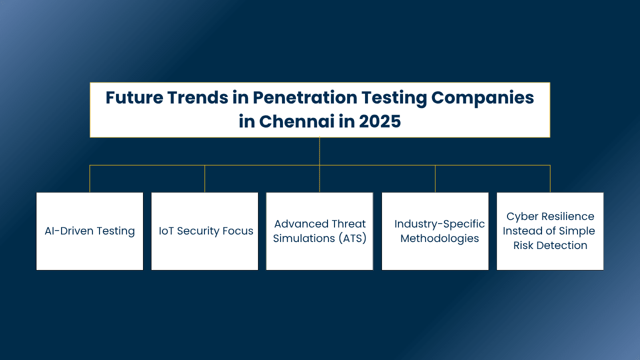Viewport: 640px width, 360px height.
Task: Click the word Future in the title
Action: pos(134,97)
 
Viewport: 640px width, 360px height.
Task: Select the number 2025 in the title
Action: pos(379,121)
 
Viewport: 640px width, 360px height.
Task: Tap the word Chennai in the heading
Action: pos(297,121)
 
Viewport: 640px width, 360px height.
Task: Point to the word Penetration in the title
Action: pos(305,97)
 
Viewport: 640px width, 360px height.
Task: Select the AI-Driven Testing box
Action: pos(89,231)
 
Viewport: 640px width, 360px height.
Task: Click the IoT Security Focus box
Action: pos(204,231)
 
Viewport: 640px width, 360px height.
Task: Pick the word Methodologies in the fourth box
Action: pos(439,238)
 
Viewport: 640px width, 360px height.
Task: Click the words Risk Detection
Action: pos(550,245)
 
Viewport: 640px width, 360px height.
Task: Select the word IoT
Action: pos(166,231)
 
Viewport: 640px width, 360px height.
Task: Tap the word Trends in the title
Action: pos(197,97)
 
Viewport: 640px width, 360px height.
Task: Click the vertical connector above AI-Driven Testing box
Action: pos(89,179)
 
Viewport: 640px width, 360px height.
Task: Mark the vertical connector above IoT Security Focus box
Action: pos(204,179)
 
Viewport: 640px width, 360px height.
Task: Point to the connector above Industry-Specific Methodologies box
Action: pos(435,179)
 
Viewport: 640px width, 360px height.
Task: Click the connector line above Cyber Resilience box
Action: pos(550,179)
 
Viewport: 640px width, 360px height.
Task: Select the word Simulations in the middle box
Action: pos(304,238)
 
